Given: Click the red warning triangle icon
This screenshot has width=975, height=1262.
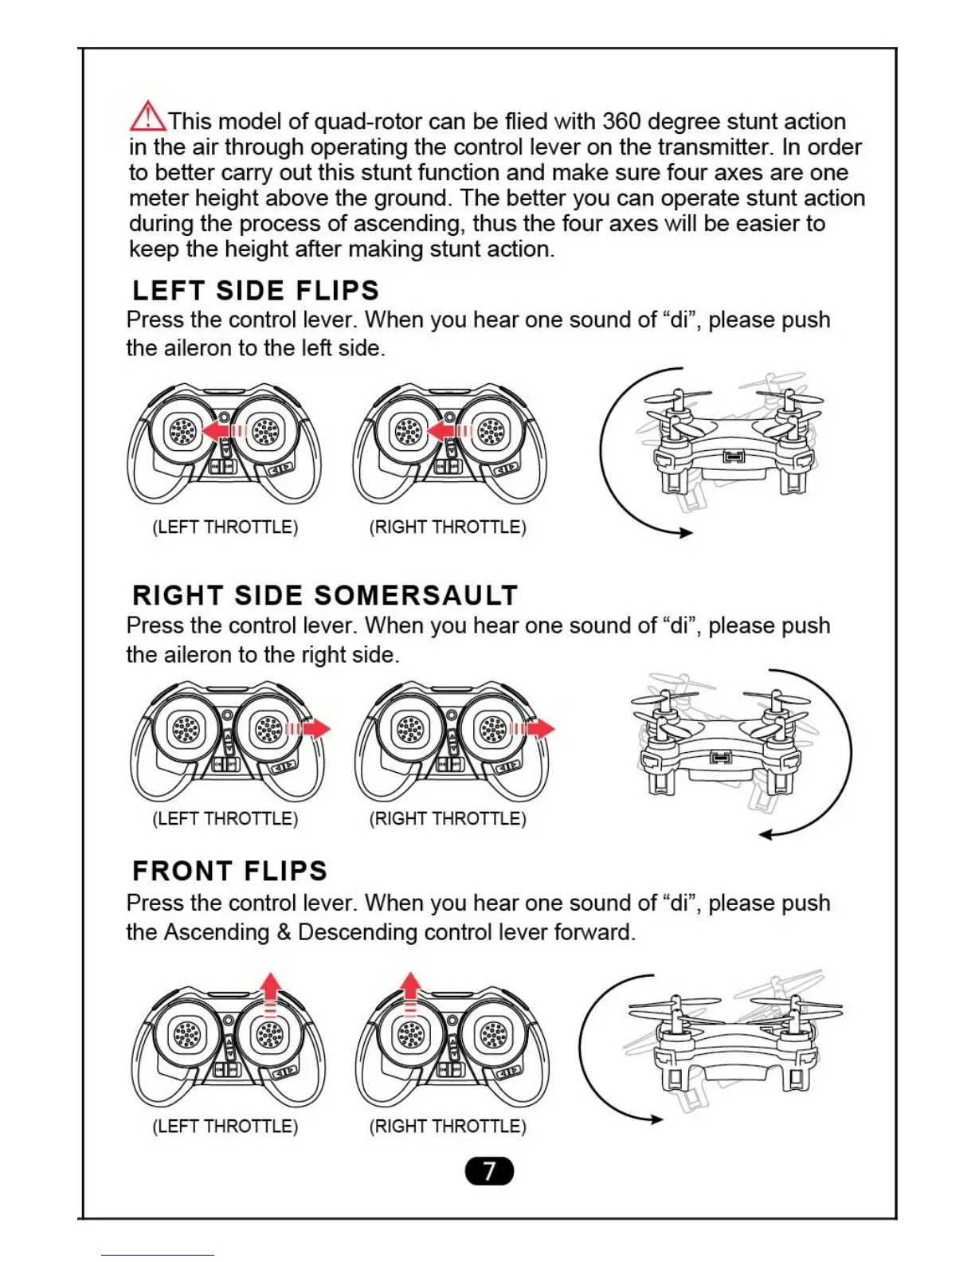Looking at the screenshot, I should click(x=147, y=117).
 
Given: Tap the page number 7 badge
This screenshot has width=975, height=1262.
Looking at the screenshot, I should click(x=489, y=1170).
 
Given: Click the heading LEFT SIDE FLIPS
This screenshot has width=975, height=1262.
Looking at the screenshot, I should click(x=256, y=290).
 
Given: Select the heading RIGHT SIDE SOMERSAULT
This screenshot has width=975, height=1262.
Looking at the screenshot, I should click(x=325, y=595).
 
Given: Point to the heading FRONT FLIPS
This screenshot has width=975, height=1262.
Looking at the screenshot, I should click(x=229, y=871).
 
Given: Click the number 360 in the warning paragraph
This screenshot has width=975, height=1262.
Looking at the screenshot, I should click(x=621, y=121).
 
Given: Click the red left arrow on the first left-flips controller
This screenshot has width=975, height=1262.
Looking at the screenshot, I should click(x=216, y=431).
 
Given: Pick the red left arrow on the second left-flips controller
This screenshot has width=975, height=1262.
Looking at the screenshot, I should click(x=441, y=431).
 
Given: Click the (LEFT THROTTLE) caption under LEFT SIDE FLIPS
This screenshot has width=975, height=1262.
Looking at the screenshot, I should click(x=225, y=527).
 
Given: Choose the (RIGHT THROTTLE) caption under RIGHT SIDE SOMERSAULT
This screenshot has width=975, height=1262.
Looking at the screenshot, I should click(x=448, y=819).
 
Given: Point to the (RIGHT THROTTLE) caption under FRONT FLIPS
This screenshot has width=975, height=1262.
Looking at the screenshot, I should click(x=448, y=1127).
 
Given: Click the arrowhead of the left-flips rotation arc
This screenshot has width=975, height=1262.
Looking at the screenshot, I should click(x=685, y=533).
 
